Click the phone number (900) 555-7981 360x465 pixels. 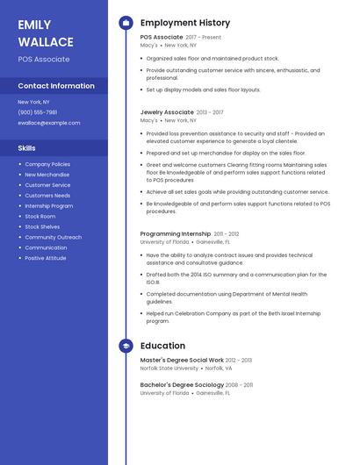[x=38, y=112]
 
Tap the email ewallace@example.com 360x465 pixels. [x=49, y=123]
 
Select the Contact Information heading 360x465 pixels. [x=56, y=86]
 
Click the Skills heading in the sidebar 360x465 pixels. [x=27, y=148]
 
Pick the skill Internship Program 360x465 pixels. [x=49, y=205]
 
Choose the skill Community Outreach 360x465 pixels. [x=54, y=237]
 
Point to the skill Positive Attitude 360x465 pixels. [x=46, y=258]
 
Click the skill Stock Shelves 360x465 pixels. [x=42, y=226]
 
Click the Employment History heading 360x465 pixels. [x=185, y=23]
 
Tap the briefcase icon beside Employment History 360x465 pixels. [x=126, y=23]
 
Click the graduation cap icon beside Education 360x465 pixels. [x=126, y=347]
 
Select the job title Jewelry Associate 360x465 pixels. [x=167, y=112]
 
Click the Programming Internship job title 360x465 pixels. [x=176, y=234]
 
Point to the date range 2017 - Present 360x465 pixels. [x=204, y=38]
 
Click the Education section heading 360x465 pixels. [x=162, y=347]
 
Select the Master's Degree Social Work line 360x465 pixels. [x=182, y=361]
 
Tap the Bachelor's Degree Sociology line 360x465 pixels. [x=180, y=385]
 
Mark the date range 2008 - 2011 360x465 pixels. [x=238, y=385]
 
